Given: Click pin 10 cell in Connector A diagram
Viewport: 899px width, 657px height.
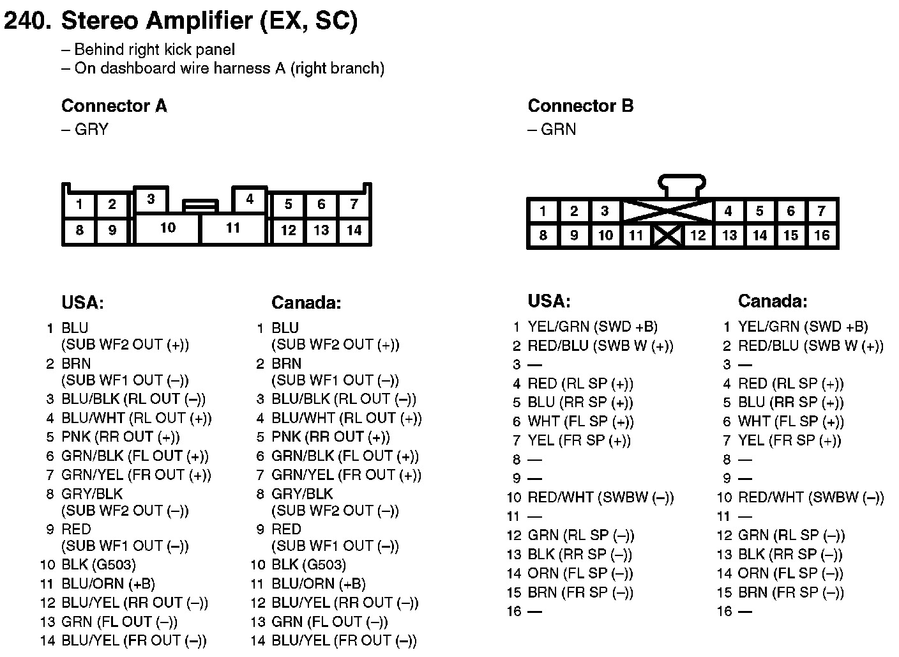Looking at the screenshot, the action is pyautogui.click(x=168, y=229).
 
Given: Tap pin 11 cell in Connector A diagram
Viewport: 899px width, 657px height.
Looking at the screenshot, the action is pyautogui.click(x=233, y=229).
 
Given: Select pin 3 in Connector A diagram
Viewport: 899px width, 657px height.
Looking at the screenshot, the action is pyautogui.click(x=151, y=199).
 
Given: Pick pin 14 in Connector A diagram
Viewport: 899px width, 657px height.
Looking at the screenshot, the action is pyautogui.click(x=354, y=231).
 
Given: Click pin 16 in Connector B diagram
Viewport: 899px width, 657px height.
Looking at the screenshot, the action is pyautogui.click(x=822, y=235).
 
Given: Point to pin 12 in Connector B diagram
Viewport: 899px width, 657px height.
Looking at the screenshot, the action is pyautogui.click(x=697, y=235).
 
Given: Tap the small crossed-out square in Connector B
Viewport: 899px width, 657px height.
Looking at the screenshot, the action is pyautogui.click(x=667, y=235).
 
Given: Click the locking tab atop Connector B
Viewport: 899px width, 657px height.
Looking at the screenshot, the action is pyautogui.click(x=682, y=185).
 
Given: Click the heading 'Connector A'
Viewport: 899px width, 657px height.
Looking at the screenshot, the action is pyautogui.click(x=114, y=105).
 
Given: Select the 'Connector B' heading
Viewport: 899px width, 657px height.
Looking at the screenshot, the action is pyautogui.click(x=581, y=105).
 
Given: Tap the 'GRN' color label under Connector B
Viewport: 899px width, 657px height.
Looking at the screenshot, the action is pyautogui.click(x=558, y=129).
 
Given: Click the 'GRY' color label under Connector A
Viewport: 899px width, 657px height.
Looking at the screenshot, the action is pyautogui.click(x=91, y=129).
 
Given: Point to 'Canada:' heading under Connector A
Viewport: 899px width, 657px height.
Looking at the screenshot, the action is pyautogui.click(x=306, y=302).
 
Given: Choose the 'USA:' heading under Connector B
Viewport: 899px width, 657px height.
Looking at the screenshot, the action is pyautogui.click(x=549, y=301).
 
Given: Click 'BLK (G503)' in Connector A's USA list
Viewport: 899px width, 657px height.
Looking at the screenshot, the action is pyautogui.click(x=99, y=565).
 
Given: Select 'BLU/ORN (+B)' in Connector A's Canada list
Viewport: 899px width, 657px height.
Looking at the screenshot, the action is pyautogui.click(x=319, y=584).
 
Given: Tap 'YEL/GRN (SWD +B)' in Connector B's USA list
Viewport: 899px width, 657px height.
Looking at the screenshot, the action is pyautogui.click(x=593, y=327).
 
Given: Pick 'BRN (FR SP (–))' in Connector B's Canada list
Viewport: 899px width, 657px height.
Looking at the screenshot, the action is pyautogui.click(x=791, y=592).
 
